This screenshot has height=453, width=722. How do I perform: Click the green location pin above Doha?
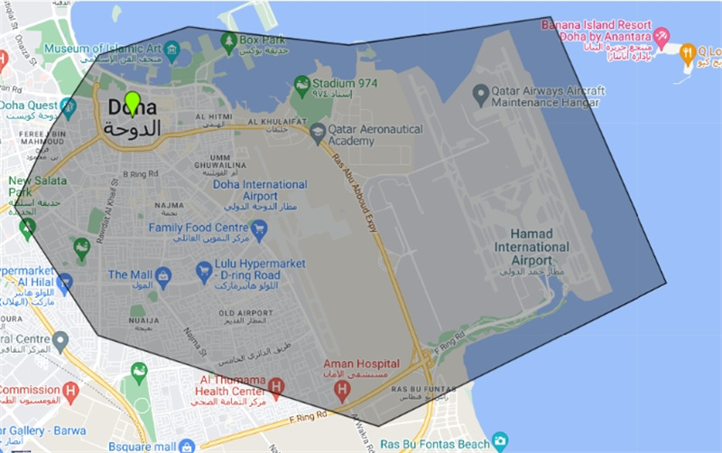click(x=133, y=102)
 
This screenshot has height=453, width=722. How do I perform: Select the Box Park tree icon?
click(x=229, y=41)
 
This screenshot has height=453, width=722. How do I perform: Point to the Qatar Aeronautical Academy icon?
click(x=318, y=134)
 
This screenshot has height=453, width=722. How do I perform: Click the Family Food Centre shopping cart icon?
click(x=260, y=228)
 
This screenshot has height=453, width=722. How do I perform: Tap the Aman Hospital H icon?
click(x=341, y=390)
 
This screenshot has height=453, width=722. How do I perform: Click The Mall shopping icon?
click(x=163, y=274)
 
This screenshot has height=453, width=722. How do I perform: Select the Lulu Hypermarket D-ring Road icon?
click(x=204, y=270)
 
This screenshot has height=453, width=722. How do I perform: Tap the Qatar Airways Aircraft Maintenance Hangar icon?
click(x=481, y=91)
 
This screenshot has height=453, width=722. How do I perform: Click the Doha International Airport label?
click(x=260, y=190)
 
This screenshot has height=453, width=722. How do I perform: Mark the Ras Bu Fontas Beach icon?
click(x=501, y=442)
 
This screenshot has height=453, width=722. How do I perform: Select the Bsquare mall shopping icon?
click(x=187, y=446)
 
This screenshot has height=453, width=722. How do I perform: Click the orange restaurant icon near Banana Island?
click(x=687, y=52)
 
